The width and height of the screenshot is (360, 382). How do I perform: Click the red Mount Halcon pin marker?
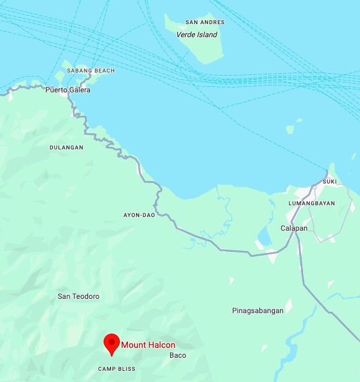click(x=112, y=343)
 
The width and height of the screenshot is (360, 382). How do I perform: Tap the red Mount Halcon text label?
click(x=148, y=345)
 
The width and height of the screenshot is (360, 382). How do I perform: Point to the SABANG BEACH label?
click(x=91, y=71)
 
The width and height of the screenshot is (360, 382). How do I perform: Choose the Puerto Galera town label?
click(x=68, y=90)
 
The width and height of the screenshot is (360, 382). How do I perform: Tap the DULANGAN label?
click(x=66, y=148)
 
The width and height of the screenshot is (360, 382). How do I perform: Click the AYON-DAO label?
click(x=139, y=215)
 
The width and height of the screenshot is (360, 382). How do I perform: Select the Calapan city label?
click(x=294, y=228)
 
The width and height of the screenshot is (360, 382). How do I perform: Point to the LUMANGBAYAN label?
click(x=312, y=203)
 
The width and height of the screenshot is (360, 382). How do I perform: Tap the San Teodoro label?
click(x=78, y=296)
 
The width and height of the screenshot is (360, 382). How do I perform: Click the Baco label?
click(x=178, y=355)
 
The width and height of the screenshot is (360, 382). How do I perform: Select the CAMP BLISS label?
click(x=115, y=369)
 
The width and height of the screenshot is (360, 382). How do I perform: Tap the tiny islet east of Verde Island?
click(x=290, y=129)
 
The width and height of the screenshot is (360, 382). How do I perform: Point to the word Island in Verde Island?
click(x=207, y=35)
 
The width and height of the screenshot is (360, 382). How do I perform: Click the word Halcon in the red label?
click(x=161, y=345)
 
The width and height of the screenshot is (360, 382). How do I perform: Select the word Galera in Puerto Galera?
click(x=79, y=90)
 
